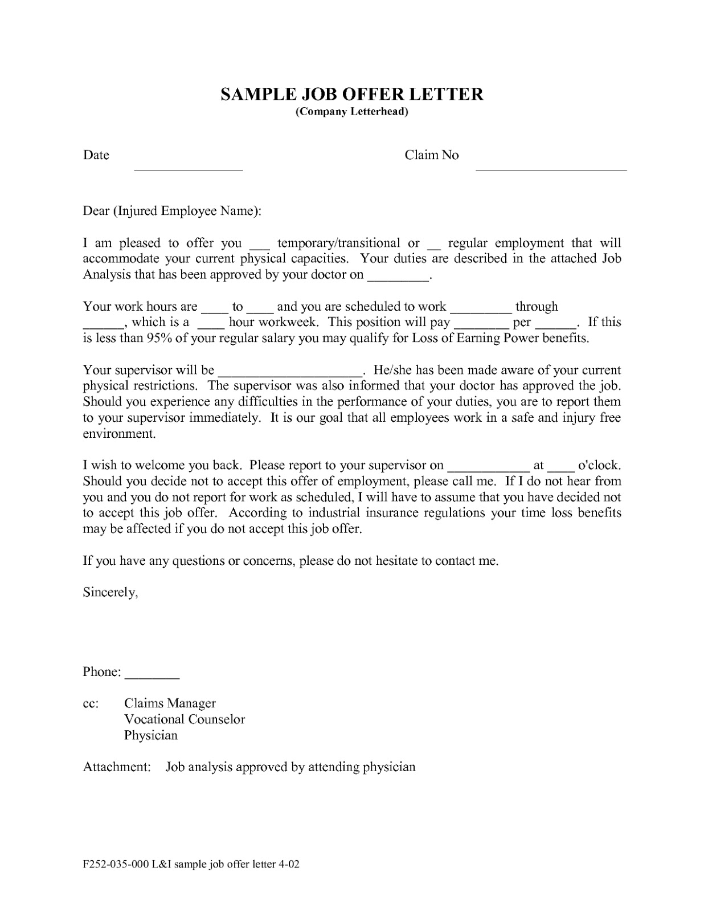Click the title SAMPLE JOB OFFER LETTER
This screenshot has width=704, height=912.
point(351,94)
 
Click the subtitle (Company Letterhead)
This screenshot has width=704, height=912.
point(351,112)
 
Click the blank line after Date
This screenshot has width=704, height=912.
point(188,169)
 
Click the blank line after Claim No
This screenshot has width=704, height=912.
point(551,169)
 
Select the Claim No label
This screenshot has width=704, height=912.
point(431,155)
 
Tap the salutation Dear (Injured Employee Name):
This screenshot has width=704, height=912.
point(172,211)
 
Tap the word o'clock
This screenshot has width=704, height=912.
point(599,465)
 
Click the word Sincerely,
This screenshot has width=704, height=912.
point(110,593)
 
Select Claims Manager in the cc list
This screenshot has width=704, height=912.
point(170,703)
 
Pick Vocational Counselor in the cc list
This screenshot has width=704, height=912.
point(185,719)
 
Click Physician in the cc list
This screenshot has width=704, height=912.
point(151,735)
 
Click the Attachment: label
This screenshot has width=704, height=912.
point(117,767)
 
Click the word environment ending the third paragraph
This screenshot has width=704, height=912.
point(118,434)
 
